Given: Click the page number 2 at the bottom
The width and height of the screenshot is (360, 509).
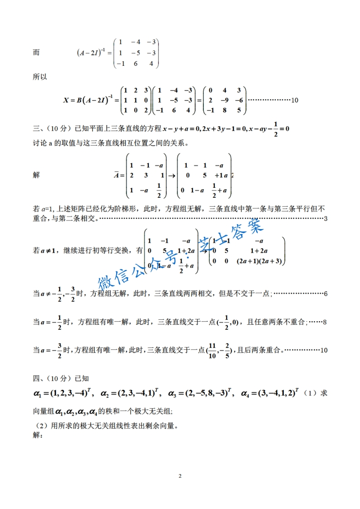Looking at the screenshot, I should (x=180, y=476).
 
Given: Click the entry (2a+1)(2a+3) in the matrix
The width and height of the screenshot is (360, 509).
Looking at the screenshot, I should (x=259, y=261).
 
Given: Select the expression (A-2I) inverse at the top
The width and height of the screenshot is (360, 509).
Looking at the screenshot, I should (x=93, y=53).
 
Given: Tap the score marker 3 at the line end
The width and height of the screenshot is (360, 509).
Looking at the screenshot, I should (x=326, y=219).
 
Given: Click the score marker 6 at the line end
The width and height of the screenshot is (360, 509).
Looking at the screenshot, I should (x=326, y=294).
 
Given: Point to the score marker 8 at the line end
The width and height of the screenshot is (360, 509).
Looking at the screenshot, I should (x=326, y=322).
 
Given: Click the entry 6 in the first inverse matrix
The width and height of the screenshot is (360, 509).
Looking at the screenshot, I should (x=135, y=64).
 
